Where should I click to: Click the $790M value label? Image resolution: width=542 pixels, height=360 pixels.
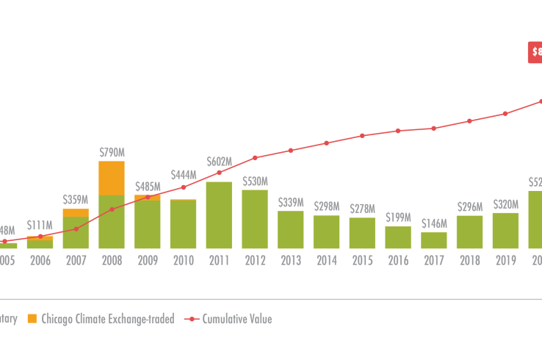point(112,152)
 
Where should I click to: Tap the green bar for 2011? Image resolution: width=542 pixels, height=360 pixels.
point(219,215)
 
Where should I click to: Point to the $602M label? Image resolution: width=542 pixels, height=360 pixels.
point(219,162)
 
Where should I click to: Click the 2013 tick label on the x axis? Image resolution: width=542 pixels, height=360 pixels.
point(290,259)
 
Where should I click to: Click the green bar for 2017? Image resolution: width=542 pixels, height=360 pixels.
point(433,240)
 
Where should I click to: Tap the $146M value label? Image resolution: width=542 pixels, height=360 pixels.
point(433,223)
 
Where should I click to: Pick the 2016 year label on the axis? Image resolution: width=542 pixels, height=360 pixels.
point(397,259)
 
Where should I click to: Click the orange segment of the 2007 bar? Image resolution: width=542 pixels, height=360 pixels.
point(76,212)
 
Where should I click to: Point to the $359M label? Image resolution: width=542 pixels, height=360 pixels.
point(76,200)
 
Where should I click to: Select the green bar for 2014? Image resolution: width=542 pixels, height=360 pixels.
point(326,231)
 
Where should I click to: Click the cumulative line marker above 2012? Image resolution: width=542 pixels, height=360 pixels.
point(255,158)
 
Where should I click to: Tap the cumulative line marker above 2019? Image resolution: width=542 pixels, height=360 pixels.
point(505,114)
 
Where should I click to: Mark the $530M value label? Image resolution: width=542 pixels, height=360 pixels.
point(255,181)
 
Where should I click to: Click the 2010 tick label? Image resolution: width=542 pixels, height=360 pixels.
point(183,259)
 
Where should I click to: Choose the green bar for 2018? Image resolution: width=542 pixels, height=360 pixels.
point(469,231)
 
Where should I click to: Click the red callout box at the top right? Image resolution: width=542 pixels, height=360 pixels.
point(536,52)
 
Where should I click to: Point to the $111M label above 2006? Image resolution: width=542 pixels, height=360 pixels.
point(40,225)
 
